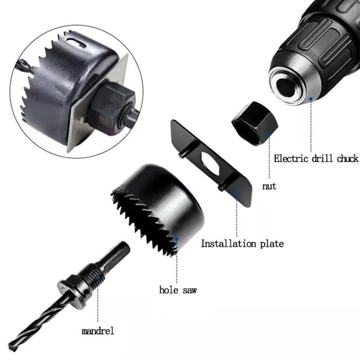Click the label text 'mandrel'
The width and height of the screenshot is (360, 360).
pyautogui.click(x=98, y=331)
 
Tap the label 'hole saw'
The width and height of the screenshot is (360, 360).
pyautogui.click(x=178, y=290)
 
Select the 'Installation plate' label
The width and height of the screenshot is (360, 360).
pyautogui.click(x=242, y=244)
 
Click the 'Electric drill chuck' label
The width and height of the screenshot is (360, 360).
pyautogui.click(x=316, y=158)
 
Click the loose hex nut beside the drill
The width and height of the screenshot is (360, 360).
pyautogui.click(x=254, y=123)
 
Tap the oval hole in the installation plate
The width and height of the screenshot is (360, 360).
pyautogui.click(x=208, y=163)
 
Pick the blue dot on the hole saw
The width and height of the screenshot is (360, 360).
pyautogui.click(x=177, y=239)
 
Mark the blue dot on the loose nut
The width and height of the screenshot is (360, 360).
pyautogui.click(x=269, y=134)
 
